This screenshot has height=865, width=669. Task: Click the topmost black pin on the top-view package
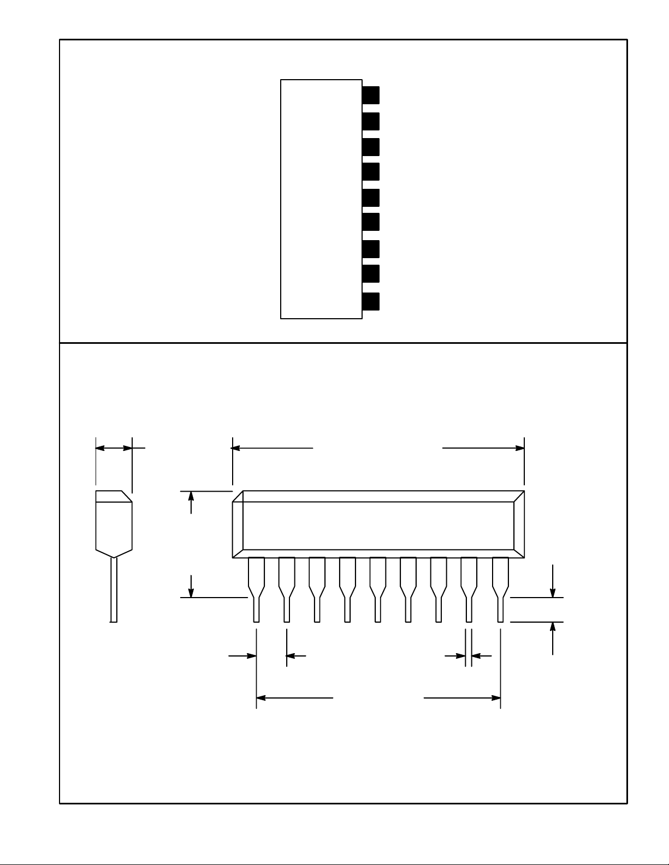pyautogui.click(x=371, y=95)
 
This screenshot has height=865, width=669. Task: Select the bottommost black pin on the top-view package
pyautogui.click(x=371, y=301)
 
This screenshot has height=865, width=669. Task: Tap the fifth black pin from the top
pyautogui.click(x=371, y=198)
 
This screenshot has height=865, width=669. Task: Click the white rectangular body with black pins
pyautogui.click(x=321, y=199)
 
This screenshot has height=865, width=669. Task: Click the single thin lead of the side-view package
pyautogui.click(x=114, y=589)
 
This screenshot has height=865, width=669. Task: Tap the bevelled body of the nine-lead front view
pyautogui.click(x=378, y=524)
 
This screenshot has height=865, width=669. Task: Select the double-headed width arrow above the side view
pyautogui.click(x=114, y=448)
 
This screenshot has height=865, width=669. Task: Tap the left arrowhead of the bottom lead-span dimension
pyautogui.click(x=261, y=697)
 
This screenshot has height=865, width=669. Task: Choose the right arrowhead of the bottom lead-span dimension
pyautogui.click(x=495, y=697)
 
